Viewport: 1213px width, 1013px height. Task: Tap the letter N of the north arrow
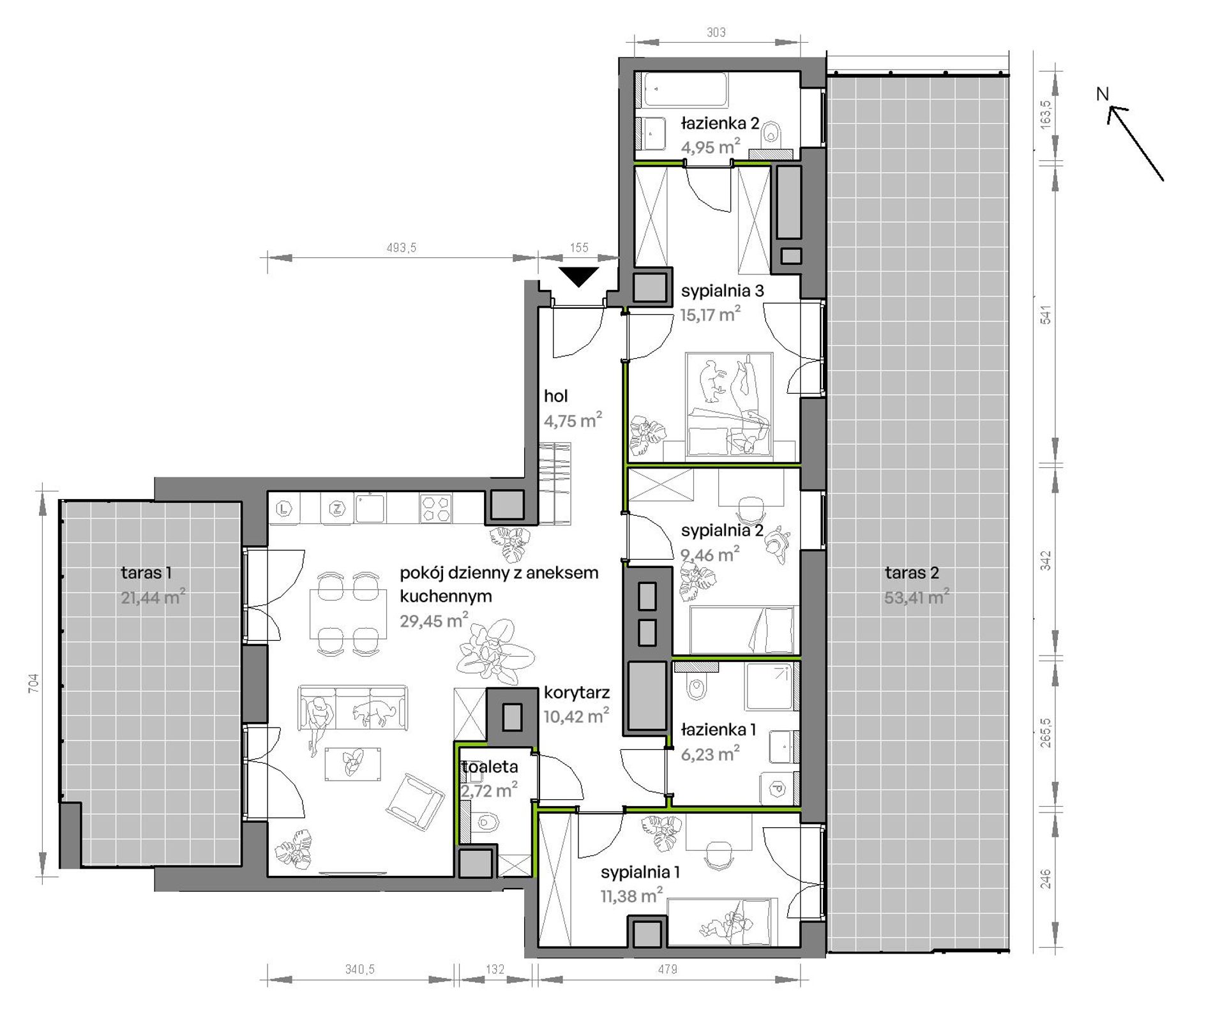tap(1103, 94)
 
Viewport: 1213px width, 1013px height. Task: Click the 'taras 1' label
tap(146, 573)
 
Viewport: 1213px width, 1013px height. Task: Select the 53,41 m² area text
tap(917, 597)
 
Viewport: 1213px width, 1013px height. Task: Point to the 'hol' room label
tap(555, 396)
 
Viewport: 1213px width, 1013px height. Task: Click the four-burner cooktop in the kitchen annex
tap(435, 509)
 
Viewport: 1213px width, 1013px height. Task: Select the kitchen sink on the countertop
tap(371, 507)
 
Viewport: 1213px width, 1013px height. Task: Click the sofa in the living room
tap(352, 707)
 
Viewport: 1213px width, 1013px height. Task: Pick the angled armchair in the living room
tap(414, 802)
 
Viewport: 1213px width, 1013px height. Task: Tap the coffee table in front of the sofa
tap(354, 763)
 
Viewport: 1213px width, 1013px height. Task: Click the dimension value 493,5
tap(401, 248)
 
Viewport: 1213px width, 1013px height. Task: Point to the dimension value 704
tap(34, 682)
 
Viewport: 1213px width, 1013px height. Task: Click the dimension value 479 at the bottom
tap(667, 969)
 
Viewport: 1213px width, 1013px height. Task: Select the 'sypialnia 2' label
tap(722, 530)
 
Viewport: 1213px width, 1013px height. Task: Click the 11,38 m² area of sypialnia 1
tap(632, 896)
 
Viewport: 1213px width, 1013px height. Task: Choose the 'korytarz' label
tap(576, 693)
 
